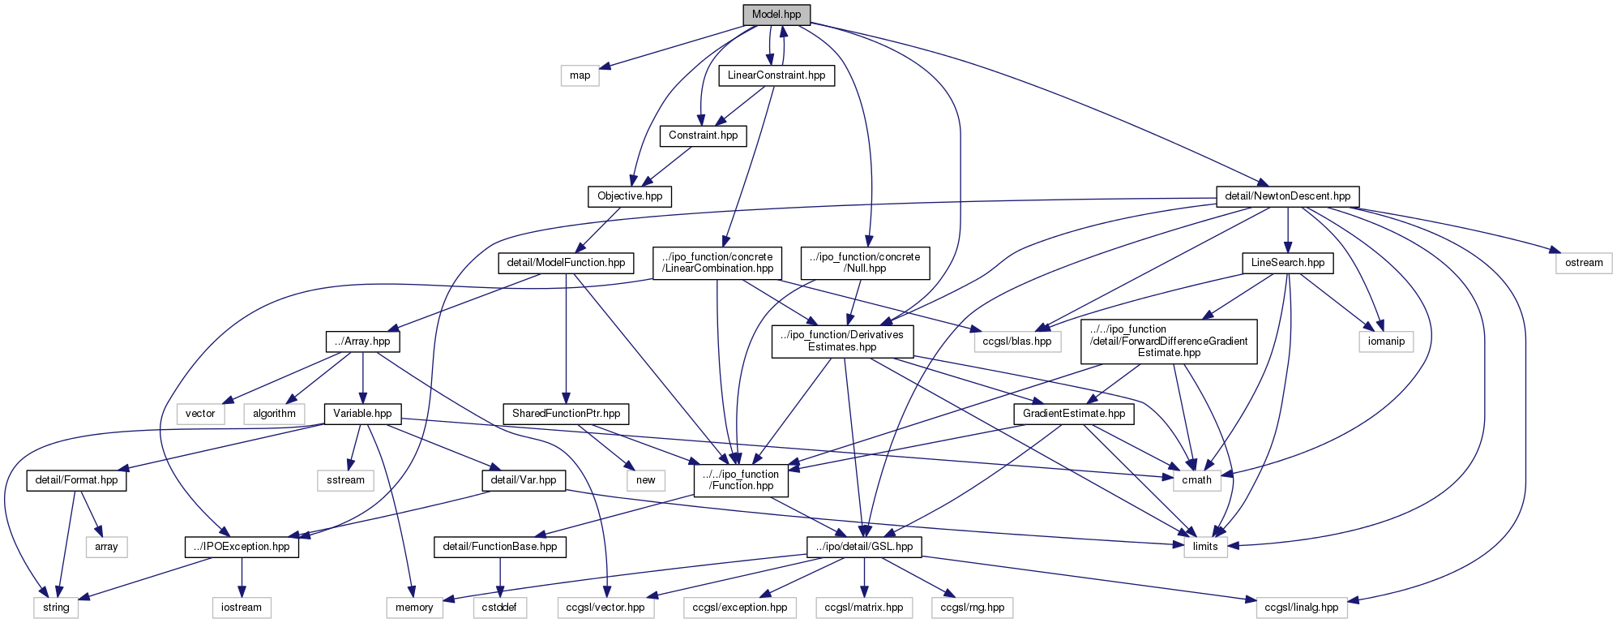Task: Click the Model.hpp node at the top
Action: [x=776, y=15]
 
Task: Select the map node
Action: [x=580, y=75]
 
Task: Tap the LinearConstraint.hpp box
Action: [x=776, y=75]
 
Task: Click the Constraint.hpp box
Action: [x=703, y=135]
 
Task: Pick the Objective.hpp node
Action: [x=630, y=196]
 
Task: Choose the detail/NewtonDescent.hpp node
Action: [x=1287, y=196]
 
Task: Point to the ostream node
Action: [x=1584, y=263]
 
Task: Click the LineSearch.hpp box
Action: [x=1287, y=263]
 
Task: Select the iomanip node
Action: [x=1386, y=342]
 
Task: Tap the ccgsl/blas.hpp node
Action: [x=1017, y=342]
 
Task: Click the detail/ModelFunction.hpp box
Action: [x=566, y=263]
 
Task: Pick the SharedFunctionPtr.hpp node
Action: [x=566, y=414]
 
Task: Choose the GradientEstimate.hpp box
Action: [x=1073, y=414]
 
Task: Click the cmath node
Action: [x=1196, y=480]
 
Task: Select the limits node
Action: [x=1205, y=547]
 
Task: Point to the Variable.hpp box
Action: [x=361, y=414]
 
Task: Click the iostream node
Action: [x=242, y=608]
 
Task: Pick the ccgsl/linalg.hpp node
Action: [x=1303, y=608]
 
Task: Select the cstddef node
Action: [x=500, y=608]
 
